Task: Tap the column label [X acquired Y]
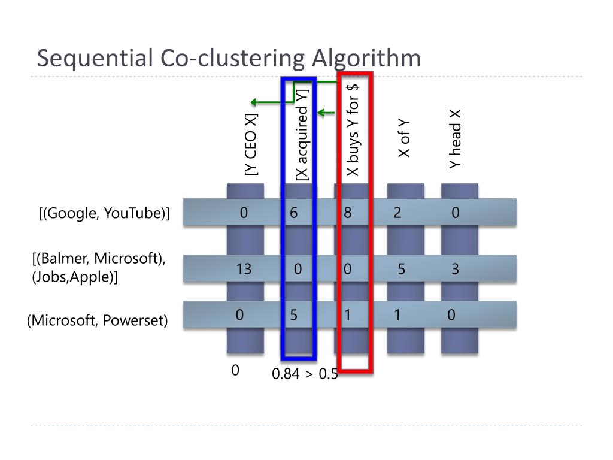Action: (303, 134)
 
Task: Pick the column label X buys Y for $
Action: (353, 129)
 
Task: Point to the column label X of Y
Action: (405, 138)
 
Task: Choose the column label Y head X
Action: (456, 138)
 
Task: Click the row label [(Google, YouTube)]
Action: (104, 214)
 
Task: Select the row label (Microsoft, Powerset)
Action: (97, 320)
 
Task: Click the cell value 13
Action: (244, 270)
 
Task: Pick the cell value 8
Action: (348, 213)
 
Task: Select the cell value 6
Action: (294, 213)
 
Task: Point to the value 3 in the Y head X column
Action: (455, 270)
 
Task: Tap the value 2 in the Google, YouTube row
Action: (397, 213)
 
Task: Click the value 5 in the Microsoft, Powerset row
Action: (294, 315)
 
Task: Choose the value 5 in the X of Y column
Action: (402, 270)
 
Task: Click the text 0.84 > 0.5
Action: (305, 374)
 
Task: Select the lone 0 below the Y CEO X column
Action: (236, 371)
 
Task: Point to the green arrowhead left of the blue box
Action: (254, 102)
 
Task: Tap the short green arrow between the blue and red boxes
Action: (326, 112)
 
